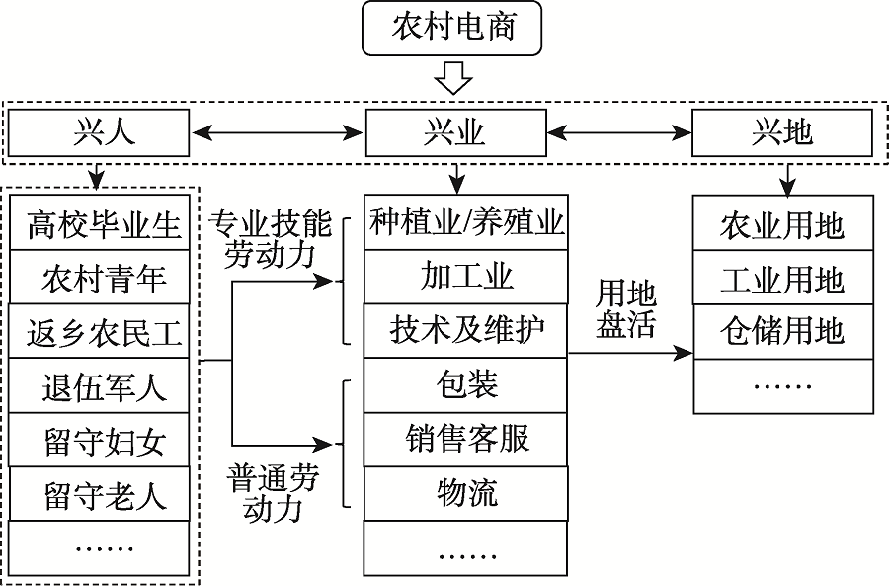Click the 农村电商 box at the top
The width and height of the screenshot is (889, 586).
tap(453, 29)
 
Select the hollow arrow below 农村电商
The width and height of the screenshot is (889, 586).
tap(453, 77)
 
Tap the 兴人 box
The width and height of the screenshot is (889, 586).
tap(98, 132)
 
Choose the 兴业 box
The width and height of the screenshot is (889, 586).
tap(455, 132)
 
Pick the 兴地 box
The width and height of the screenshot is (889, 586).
tap(781, 132)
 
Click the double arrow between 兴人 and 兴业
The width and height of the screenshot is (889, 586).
tap(277, 132)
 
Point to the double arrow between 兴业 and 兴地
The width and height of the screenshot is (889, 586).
tap(618, 132)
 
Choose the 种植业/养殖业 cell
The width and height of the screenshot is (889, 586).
tap(466, 222)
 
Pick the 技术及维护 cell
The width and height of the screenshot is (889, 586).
tap(466, 330)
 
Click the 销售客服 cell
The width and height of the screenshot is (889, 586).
tap(466, 438)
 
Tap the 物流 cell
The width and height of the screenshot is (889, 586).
tap(466, 491)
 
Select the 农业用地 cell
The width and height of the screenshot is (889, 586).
tap(781, 225)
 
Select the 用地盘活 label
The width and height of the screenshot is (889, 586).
tap(625, 309)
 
